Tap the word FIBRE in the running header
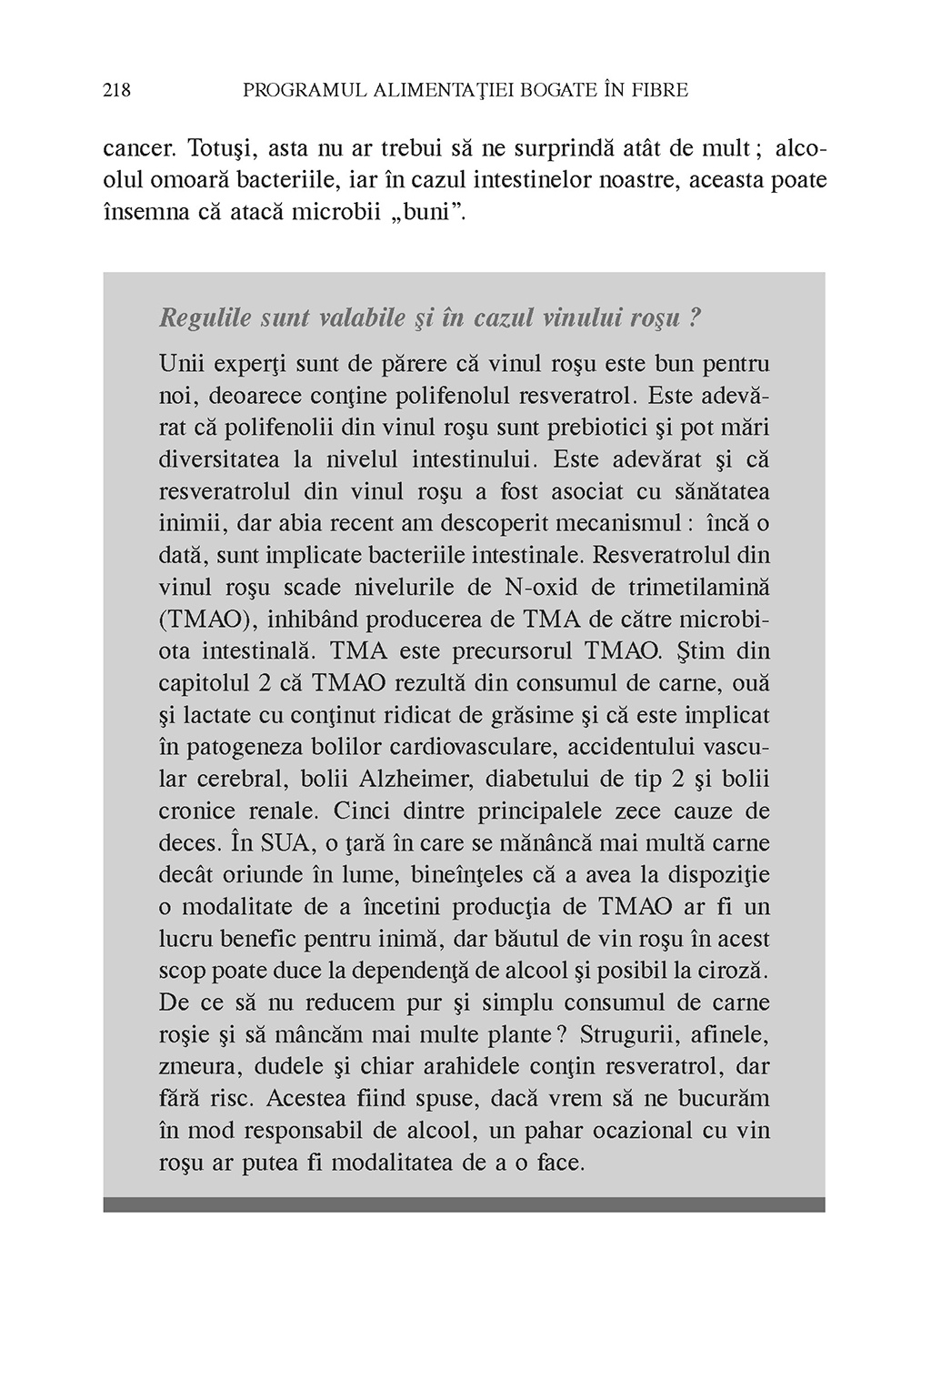click(x=657, y=90)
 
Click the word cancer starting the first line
click(x=132, y=147)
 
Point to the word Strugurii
click(x=626, y=1034)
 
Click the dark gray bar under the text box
click(x=464, y=1204)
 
